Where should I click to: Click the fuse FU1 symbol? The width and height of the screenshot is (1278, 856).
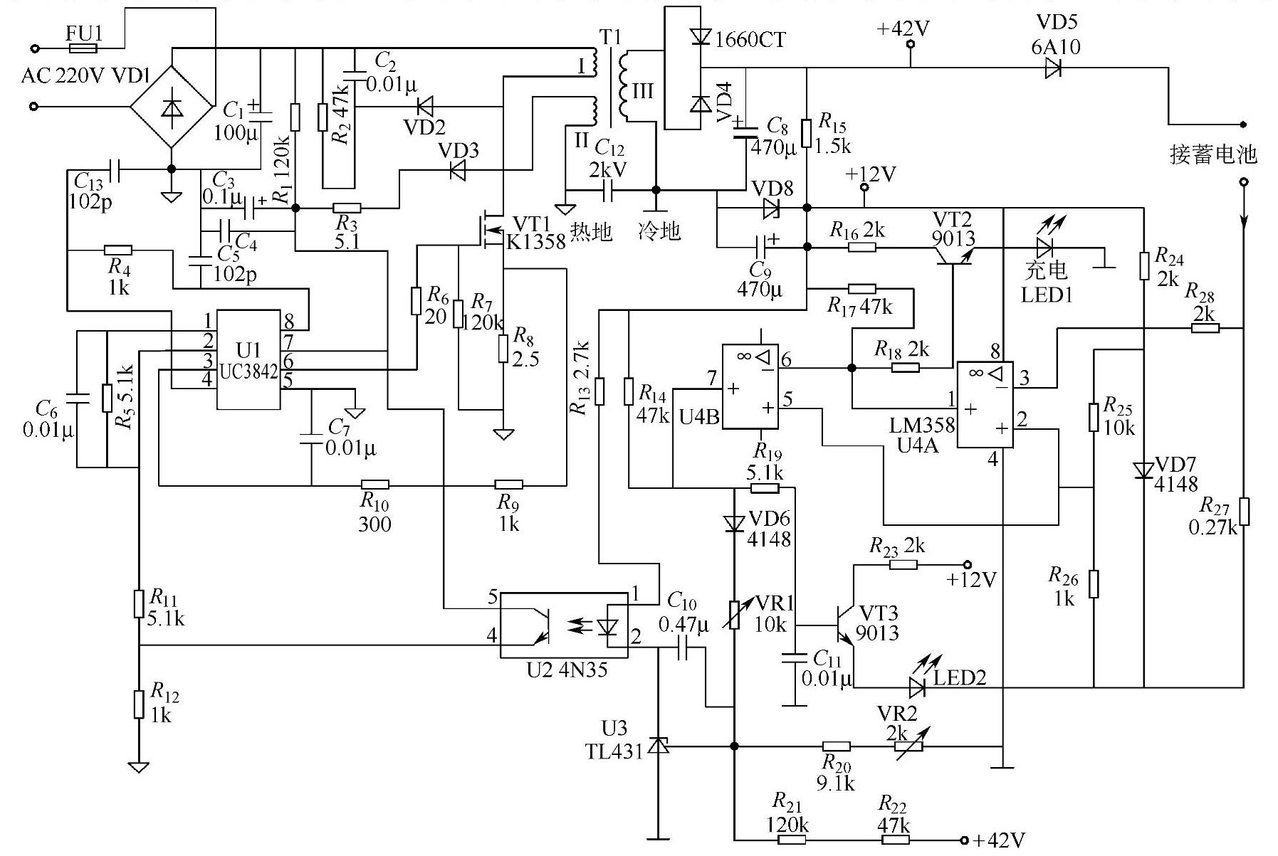pyautogui.click(x=83, y=48)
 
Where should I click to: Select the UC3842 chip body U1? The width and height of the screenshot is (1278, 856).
pyautogui.click(x=248, y=359)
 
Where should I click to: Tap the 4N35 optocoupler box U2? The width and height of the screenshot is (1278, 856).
pyautogui.click(x=564, y=625)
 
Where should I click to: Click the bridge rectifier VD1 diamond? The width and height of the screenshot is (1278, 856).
pyautogui.click(x=172, y=107)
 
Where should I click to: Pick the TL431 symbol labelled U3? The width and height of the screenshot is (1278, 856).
pyautogui.click(x=659, y=746)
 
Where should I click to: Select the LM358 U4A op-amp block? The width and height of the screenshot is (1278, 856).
pyautogui.click(x=984, y=405)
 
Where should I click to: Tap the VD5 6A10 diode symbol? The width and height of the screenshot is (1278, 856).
pyautogui.click(x=1054, y=68)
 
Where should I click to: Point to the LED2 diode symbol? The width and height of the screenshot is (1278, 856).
pyautogui.click(x=917, y=687)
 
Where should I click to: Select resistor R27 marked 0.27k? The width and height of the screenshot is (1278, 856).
pyautogui.click(x=1243, y=511)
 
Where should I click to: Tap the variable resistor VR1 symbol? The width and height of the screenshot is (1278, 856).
pyautogui.click(x=735, y=615)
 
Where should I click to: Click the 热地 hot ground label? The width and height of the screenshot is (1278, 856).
pyautogui.click(x=591, y=231)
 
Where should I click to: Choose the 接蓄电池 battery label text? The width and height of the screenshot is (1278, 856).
pyautogui.click(x=1213, y=154)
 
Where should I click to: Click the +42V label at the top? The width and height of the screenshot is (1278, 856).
pyautogui.click(x=903, y=29)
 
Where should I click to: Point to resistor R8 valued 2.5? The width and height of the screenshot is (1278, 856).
pyautogui.click(x=503, y=349)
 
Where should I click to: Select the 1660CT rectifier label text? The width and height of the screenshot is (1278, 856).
pyautogui.click(x=750, y=40)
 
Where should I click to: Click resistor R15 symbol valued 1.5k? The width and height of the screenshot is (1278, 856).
pyautogui.click(x=806, y=133)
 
